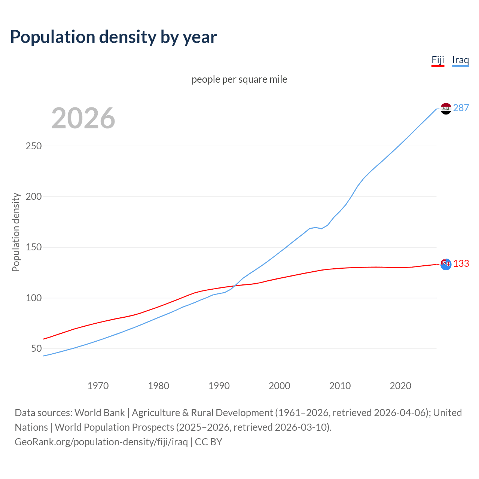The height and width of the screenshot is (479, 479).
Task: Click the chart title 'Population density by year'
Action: [x=113, y=37]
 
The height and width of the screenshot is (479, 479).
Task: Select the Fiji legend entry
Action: [x=437, y=60]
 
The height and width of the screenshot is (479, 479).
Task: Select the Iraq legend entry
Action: [x=460, y=60]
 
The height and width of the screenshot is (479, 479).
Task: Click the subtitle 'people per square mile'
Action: [x=239, y=80]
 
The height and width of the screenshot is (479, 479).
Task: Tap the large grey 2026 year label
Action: [x=83, y=118]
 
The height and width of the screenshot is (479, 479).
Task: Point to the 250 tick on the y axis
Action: [x=33, y=146]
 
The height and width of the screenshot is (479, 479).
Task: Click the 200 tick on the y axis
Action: [x=33, y=196]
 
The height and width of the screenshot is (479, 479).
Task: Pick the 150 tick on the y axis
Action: [x=33, y=247]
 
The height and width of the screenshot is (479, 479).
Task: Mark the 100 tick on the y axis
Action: [x=33, y=298]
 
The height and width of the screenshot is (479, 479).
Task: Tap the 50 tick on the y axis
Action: [x=36, y=349]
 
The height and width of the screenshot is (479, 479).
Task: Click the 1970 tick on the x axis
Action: [x=98, y=386]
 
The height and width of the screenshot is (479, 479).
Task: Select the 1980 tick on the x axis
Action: [x=158, y=386]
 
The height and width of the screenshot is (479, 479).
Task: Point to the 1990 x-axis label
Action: [x=219, y=386]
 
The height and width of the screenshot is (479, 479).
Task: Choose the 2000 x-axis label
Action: [x=280, y=386]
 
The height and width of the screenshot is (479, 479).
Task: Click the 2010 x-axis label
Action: [x=340, y=386]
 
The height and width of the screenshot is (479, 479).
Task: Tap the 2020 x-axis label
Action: [x=400, y=386]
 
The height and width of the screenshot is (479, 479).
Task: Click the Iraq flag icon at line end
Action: [x=446, y=109]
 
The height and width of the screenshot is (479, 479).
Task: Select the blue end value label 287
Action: [x=461, y=108]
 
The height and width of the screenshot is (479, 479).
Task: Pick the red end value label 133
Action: [x=461, y=264]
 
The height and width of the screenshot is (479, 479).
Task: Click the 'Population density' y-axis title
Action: [x=16, y=232]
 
